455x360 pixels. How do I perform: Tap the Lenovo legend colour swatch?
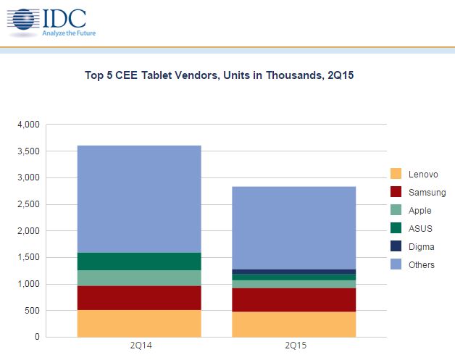396,174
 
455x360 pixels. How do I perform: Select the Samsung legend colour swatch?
396,192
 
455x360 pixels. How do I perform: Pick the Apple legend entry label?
420,211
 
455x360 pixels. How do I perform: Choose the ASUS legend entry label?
420,229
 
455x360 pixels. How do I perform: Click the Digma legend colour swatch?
396,247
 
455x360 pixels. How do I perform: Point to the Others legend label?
422,265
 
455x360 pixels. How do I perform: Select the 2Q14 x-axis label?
138,346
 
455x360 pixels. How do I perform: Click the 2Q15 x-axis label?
293,346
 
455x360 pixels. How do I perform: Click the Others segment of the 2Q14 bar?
138,198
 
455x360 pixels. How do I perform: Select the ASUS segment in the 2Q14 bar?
138,261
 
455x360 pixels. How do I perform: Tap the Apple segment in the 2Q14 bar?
138,278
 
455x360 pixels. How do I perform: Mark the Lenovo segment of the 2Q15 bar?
293,325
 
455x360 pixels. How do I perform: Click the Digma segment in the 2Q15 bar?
293,272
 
